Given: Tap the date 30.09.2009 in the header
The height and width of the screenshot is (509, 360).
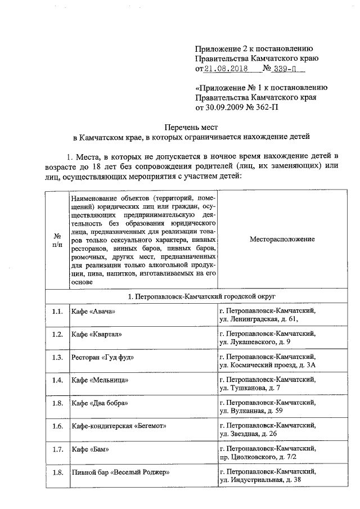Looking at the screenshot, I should [x=226, y=106].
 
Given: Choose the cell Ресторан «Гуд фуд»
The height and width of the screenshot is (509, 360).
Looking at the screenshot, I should [x=102, y=357].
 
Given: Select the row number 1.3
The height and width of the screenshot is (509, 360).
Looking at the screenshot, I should [x=57, y=357].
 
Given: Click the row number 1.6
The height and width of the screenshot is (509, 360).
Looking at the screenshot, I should [x=57, y=427].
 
